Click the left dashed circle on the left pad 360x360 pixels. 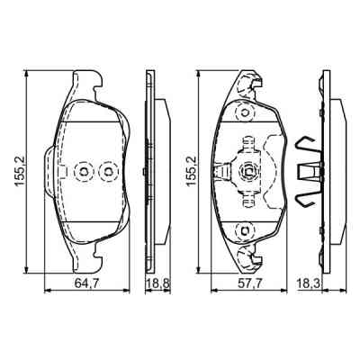[x=83, y=169]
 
